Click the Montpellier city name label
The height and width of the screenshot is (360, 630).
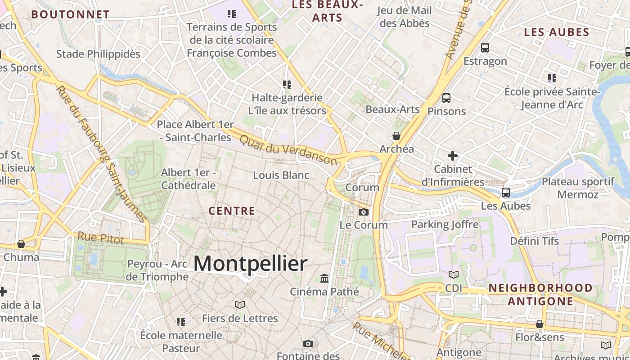click(x=250, y=263)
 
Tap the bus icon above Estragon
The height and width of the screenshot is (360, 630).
click(x=485, y=48)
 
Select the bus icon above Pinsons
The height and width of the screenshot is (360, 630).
click(x=446, y=98)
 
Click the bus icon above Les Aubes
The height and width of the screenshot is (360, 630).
click(x=506, y=193)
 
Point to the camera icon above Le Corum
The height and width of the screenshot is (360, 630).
click(x=364, y=212)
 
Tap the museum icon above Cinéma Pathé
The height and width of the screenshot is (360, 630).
click(x=324, y=278)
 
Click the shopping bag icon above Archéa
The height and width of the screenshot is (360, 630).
click(x=396, y=135)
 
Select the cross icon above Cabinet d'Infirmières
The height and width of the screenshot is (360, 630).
click(x=453, y=156)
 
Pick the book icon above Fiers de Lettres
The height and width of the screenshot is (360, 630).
click(x=240, y=305)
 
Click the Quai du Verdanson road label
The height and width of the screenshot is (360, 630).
click(x=288, y=150)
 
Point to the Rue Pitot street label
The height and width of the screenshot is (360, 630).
click(x=101, y=238)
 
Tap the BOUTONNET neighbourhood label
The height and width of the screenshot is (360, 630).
click(x=70, y=14)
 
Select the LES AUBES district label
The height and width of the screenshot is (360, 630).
click(x=557, y=32)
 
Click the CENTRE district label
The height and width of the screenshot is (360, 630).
click(x=232, y=211)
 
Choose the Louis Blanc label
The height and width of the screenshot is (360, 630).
click(x=281, y=175)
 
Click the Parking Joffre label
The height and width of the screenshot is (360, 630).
click(x=445, y=224)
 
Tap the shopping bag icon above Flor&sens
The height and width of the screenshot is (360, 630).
click(x=539, y=324)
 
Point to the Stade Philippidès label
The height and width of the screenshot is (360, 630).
click(x=98, y=54)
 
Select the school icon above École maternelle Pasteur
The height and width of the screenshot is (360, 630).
click(x=181, y=322)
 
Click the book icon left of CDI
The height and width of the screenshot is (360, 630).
click(x=454, y=274)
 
